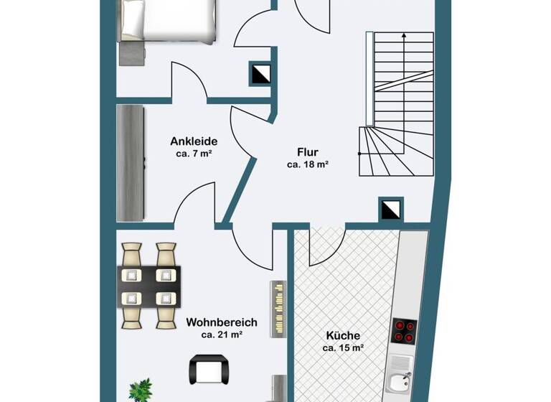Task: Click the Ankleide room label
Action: pyautogui.click(x=194, y=141)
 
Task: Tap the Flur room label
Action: pyautogui.click(x=308, y=151)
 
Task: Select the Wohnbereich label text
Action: pyautogui.click(x=221, y=322)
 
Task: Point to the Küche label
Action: pyautogui.click(x=343, y=335)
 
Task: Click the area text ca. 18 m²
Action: pyautogui.click(x=308, y=164)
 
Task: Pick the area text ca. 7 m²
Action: pyautogui.click(x=193, y=154)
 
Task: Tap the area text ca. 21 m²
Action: pyautogui.click(x=221, y=335)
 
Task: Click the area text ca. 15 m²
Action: pyautogui.click(x=344, y=348)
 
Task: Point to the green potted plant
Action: pyautogui.click(x=141, y=391)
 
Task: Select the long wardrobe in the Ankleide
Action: pyautogui.click(x=131, y=163)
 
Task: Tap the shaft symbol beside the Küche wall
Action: pyautogui.click(x=390, y=209)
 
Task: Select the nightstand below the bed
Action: pyautogui.click(x=131, y=52)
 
